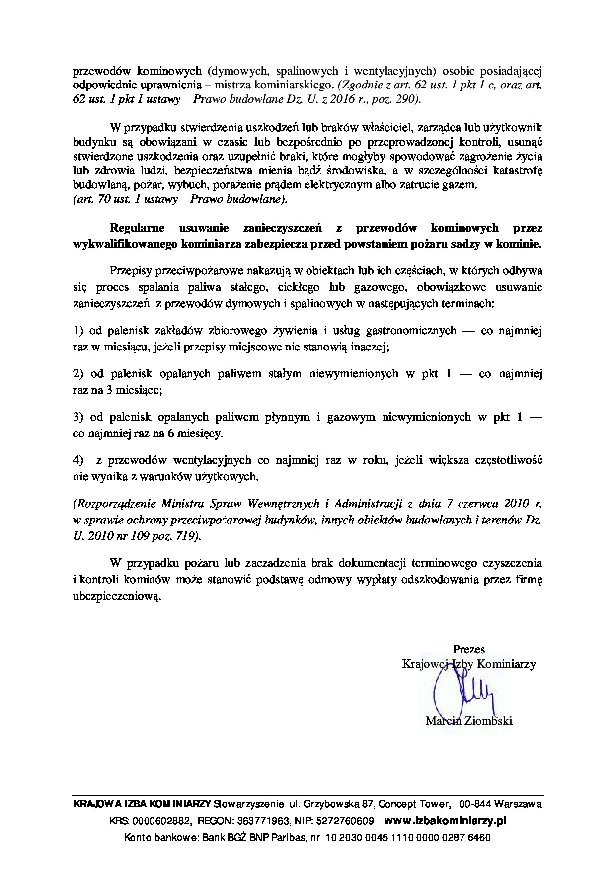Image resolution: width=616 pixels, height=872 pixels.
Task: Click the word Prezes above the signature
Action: [468, 649]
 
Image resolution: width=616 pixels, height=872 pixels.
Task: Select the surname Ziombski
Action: [488, 720]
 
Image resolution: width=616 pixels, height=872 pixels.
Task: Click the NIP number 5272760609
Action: [349, 821]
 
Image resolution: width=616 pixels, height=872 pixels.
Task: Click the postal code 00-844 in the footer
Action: [476, 804]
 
